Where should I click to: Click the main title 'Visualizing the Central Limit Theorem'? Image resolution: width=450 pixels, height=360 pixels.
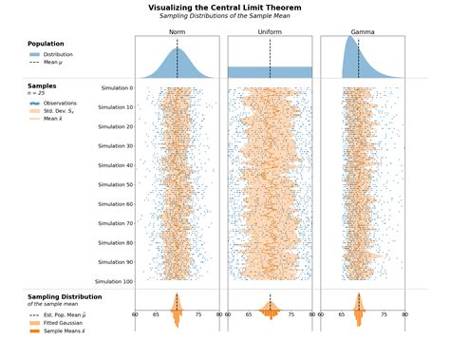224,8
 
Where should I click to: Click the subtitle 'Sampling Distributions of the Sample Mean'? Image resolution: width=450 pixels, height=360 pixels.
224,17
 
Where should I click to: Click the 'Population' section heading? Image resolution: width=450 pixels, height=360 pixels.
47,44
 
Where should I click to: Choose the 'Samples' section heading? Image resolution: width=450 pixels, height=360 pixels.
43,85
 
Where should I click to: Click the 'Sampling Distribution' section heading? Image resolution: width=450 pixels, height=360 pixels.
65,296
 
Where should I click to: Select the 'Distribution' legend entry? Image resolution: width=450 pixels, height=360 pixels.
57,54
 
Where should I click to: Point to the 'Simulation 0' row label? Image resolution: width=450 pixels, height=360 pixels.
117,87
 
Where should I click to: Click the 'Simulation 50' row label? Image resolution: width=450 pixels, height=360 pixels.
116,184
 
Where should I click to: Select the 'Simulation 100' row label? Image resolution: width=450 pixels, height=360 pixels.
114,281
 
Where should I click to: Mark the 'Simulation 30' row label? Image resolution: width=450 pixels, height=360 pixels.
116,145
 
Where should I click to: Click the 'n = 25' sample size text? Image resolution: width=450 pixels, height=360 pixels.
36,93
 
